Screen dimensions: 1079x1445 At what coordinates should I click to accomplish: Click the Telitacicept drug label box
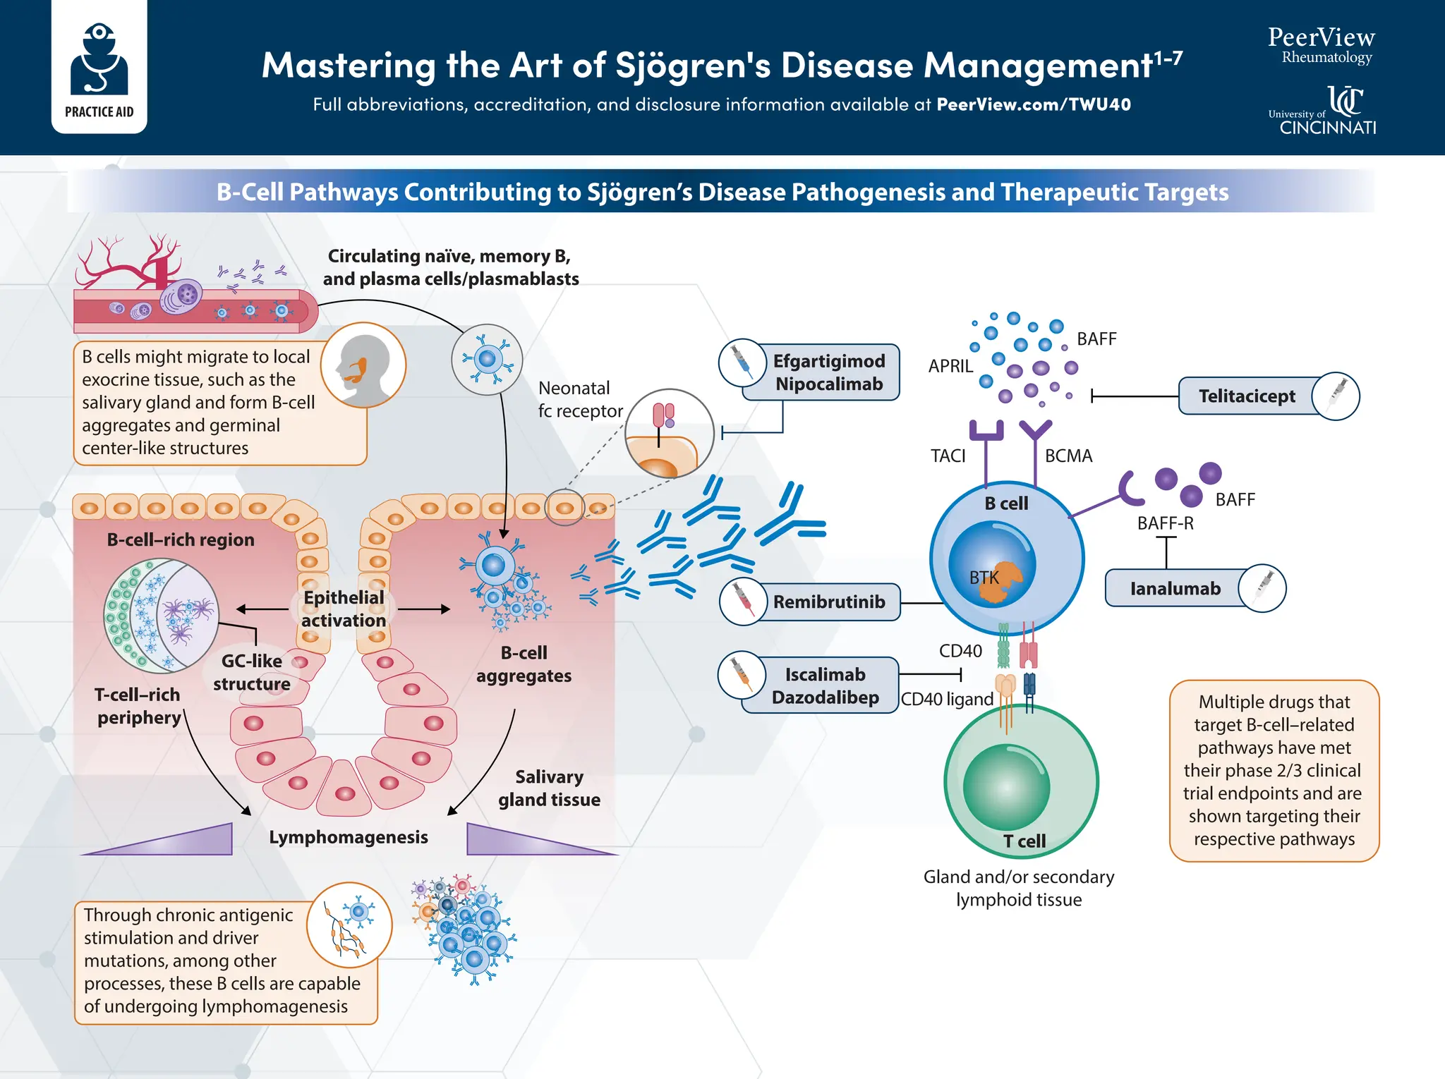[1247, 396]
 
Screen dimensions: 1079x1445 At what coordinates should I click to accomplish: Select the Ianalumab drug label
[1175, 588]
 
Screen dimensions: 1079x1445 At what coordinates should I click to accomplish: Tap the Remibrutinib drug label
[828, 602]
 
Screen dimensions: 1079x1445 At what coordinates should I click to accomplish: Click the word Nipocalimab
[828, 384]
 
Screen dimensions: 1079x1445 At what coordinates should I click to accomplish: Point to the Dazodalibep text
[825, 697]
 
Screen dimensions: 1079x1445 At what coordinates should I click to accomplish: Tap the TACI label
[948, 456]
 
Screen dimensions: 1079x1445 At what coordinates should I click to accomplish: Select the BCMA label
[1068, 456]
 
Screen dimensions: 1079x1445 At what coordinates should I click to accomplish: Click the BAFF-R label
[1165, 523]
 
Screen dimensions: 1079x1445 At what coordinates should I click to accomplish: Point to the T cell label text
[1024, 841]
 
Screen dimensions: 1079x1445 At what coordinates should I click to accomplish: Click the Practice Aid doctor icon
[99, 60]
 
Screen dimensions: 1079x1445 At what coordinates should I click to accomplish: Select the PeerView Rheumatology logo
[1321, 45]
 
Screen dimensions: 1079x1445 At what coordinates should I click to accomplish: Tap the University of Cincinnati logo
[1323, 111]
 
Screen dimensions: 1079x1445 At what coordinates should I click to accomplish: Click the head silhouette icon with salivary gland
[363, 365]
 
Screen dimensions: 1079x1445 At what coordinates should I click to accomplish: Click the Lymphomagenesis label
[349, 837]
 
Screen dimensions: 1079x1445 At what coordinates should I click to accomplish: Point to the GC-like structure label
[251, 672]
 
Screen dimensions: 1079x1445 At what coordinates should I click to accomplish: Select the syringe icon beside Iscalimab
[742, 674]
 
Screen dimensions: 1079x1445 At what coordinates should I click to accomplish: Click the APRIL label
[950, 366]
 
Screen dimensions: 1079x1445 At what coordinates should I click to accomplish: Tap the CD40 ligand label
[947, 699]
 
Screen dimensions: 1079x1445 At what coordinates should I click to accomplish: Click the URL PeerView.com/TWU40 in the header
[1033, 104]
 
